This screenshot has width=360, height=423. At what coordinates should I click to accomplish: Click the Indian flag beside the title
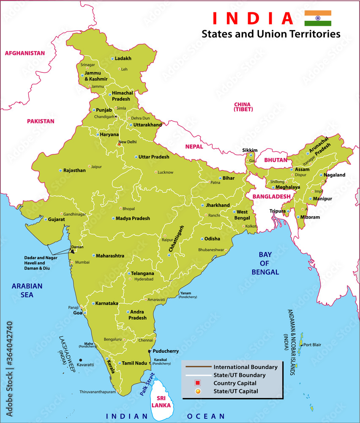pos(318,18)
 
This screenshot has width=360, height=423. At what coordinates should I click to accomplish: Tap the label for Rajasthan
pos(74,170)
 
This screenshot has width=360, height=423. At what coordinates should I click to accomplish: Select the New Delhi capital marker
pos(119,145)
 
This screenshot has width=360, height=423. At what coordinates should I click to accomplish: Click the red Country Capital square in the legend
pos(197,383)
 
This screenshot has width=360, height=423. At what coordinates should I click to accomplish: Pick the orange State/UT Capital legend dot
pos(197,391)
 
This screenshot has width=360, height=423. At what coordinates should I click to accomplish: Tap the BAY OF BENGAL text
pos(265,263)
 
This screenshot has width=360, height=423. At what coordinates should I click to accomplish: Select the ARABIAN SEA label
pos(27,290)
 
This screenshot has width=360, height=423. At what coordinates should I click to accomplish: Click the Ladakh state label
pos(123,58)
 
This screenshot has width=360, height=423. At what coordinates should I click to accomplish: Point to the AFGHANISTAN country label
pos(25,53)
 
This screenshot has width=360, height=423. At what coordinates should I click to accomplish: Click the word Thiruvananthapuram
pos(97,392)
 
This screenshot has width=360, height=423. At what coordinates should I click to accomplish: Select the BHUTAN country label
pos(275,160)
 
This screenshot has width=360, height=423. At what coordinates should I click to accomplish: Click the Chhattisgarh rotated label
pos(177,239)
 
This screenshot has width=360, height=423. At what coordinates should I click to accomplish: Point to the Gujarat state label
pos(56,220)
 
